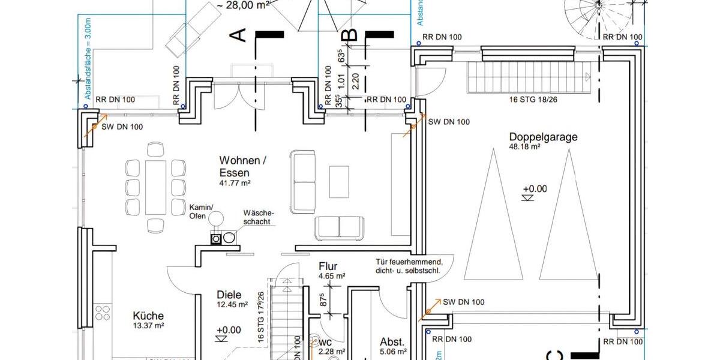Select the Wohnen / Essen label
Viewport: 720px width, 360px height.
239,167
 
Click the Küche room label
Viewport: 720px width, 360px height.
148,316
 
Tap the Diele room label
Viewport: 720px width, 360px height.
229,295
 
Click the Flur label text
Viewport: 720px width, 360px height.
328,266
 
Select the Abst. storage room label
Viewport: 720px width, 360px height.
392,341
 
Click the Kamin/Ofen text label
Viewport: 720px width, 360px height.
199,211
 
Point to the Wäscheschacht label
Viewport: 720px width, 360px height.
259,217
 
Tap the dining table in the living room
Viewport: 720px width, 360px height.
155,187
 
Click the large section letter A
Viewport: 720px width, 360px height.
239,35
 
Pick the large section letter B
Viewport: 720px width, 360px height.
350,35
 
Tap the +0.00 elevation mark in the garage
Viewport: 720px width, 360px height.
534,188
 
